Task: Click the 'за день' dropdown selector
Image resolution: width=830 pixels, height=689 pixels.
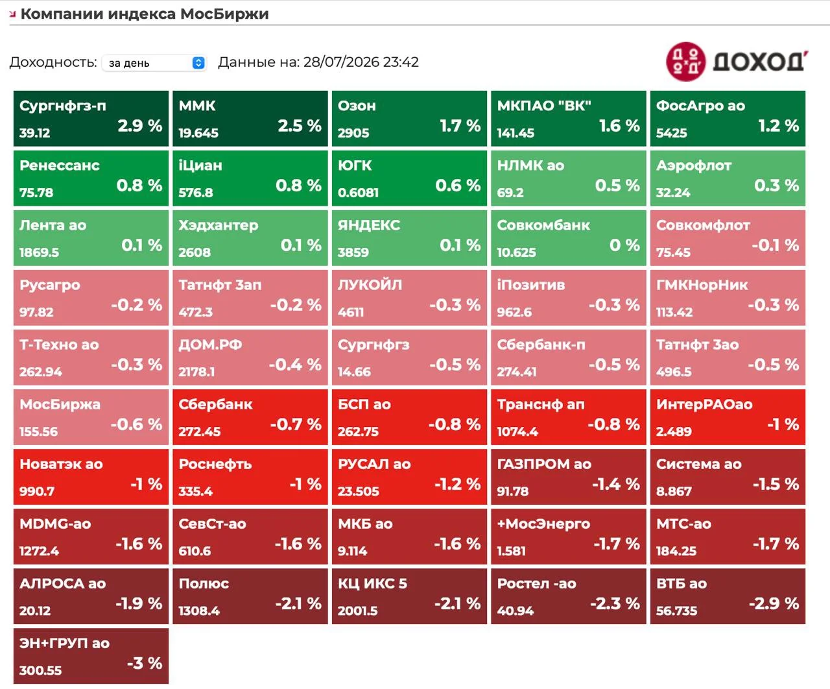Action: pyautogui.click(x=154, y=63)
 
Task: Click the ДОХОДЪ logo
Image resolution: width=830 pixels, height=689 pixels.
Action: pyautogui.click(x=737, y=62)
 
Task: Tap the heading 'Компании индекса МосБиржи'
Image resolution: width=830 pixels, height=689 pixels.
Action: pyautogui.click(x=145, y=14)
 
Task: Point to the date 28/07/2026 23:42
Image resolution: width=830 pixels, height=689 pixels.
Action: pyautogui.click(x=361, y=62)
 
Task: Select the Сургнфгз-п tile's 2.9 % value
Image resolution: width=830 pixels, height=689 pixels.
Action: pyautogui.click(x=140, y=126)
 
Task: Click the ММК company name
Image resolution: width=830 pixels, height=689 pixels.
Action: pyautogui.click(x=197, y=106)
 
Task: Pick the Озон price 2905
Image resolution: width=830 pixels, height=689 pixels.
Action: pyautogui.click(x=353, y=133)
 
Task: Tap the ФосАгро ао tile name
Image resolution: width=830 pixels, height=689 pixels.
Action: pyautogui.click(x=700, y=106)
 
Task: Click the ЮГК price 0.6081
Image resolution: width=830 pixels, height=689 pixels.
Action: pyautogui.click(x=358, y=193)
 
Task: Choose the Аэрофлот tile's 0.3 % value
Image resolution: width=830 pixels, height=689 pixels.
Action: pyautogui.click(x=776, y=186)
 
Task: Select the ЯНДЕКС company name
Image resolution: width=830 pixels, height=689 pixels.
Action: pyautogui.click(x=369, y=225)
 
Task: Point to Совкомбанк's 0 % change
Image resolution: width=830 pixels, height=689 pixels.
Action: pyautogui.click(x=624, y=245)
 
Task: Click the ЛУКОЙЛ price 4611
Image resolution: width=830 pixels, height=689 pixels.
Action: pyautogui.click(x=351, y=312)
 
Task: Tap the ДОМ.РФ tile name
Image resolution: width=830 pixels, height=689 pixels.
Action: pyautogui.click(x=210, y=344)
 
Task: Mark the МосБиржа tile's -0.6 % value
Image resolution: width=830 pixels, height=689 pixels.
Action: pyautogui.click(x=136, y=424)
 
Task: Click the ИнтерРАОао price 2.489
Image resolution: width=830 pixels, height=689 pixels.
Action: pyautogui.click(x=674, y=431)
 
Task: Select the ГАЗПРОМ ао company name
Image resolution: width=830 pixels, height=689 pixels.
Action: pyautogui.click(x=544, y=464)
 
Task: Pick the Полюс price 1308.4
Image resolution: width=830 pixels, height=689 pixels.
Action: pyautogui.click(x=199, y=610)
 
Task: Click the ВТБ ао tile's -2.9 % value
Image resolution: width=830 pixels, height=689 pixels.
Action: pyautogui.click(x=774, y=603)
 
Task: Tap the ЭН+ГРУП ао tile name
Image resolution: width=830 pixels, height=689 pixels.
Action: pyautogui.click(x=64, y=643)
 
